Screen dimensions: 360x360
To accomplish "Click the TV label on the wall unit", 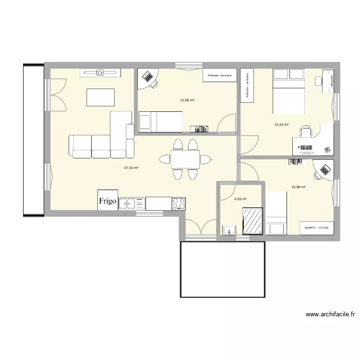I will [100, 72].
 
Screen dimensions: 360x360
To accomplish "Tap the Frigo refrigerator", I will [108, 200].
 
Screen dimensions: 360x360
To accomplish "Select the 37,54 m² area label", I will [131, 168].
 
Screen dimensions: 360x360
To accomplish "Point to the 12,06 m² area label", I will [187, 100].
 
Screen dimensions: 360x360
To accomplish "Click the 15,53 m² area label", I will [281, 124].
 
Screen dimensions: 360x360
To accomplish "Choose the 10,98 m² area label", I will [298, 187].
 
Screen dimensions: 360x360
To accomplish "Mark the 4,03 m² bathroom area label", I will [240, 199].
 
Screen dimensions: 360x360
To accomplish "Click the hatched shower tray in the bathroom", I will [252, 221].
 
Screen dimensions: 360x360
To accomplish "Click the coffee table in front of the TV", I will [100, 97].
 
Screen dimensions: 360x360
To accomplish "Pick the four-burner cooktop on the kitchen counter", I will [179, 204].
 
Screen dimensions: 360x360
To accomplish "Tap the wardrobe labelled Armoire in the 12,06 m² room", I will [219, 75].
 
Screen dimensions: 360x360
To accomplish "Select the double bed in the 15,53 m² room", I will [288, 91].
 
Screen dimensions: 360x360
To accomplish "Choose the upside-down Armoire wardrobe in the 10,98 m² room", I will [316, 228].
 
